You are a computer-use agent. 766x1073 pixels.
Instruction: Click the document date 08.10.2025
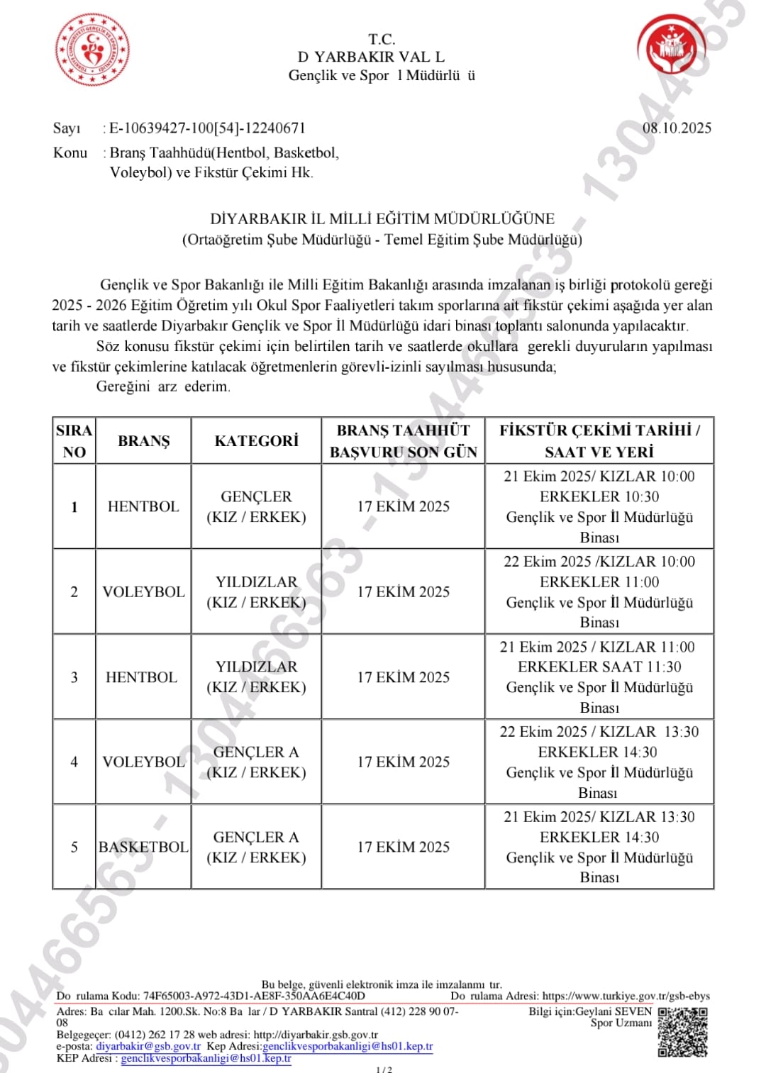[x=677, y=128]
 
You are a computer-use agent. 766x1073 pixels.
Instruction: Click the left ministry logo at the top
[x=92, y=50]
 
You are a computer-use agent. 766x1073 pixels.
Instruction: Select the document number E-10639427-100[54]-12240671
[x=207, y=128]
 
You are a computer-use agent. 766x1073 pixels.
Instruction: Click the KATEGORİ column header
[x=256, y=441]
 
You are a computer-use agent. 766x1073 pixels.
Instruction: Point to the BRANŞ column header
[x=144, y=441]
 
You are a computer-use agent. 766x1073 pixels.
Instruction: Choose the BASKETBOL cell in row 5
[x=143, y=847]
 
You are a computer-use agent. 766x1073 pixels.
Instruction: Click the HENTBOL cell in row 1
[x=143, y=506]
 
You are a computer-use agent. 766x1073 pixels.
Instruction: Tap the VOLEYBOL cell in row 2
[x=143, y=591]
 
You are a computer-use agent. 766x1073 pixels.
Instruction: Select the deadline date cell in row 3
[x=403, y=677]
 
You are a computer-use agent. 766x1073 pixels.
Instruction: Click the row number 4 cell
[x=74, y=762]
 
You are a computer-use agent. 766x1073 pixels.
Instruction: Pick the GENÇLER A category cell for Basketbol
[x=256, y=847]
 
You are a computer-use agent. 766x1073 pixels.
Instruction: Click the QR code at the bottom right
[x=682, y=1032]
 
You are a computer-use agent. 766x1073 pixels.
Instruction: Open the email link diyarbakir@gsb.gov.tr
[x=148, y=1046]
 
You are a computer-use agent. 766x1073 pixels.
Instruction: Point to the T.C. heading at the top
[x=382, y=39]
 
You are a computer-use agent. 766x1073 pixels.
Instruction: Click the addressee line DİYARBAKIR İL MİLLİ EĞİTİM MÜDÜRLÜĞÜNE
[x=382, y=219]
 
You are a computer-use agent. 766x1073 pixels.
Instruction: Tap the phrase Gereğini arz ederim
[x=163, y=387]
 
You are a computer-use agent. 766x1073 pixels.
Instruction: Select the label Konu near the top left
[x=70, y=152]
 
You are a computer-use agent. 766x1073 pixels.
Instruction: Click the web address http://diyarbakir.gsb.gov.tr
[x=316, y=1035]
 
